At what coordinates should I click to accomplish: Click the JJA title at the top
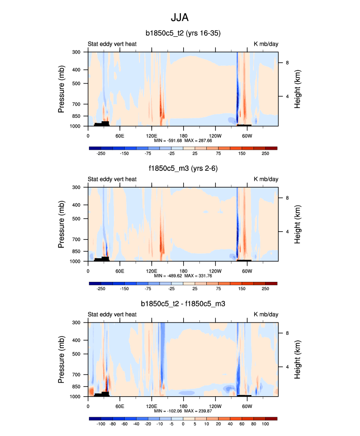(180, 18)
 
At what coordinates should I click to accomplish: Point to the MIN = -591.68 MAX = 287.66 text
(183, 140)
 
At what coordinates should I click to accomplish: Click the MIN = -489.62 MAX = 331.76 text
(183, 276)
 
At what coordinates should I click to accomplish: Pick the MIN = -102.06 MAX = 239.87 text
(183, 411)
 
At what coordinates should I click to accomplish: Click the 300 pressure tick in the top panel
(77, 52)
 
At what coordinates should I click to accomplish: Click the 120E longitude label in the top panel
(151, 136)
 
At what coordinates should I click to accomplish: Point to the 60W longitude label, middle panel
(247, 271)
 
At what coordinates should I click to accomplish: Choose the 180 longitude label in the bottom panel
(183, 407)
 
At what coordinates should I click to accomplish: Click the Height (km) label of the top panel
(298, 89)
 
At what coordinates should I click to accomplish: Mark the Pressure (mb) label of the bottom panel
(61, 359)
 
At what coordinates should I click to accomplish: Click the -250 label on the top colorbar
(101, 154)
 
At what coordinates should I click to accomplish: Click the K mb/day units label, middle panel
(266, 179)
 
